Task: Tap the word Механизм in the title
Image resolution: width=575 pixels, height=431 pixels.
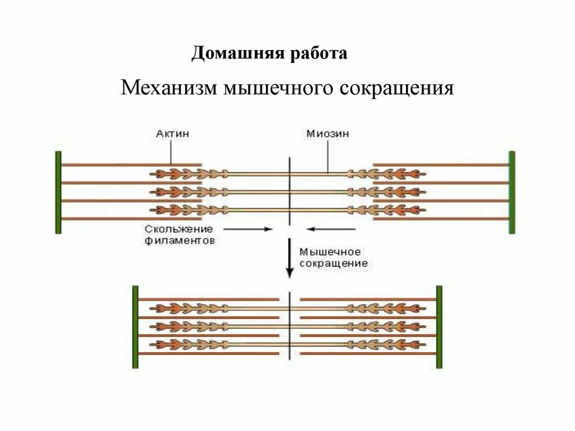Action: [x=170, y=89]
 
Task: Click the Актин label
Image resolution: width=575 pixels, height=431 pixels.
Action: [x=172, y=134]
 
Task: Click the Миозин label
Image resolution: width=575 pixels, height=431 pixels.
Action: [x=328, y=134]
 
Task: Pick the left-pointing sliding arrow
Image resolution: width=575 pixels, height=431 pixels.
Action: [x=331, y=229]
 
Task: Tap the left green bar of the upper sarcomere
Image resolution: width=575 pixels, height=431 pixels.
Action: [x=58, y=192]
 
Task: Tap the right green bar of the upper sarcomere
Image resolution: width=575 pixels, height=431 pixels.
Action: [x=512, y=192]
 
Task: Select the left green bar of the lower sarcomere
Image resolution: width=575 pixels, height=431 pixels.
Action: [x=135, y=326]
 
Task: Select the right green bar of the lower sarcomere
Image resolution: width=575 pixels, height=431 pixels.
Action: [x=439, y=326]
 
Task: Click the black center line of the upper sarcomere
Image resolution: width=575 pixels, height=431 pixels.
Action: [x=289, y=191]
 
